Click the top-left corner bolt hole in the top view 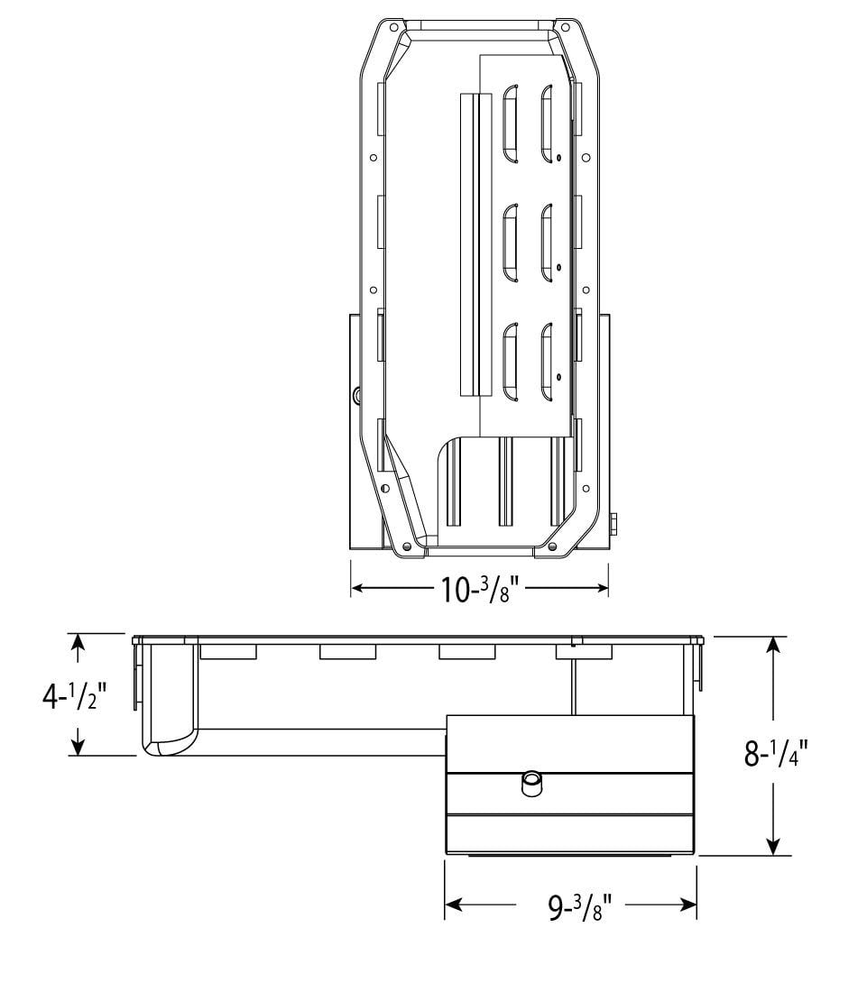pyautogui.click(x=393, y=28)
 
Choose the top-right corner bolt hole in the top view pyautogui.click(x=565, y=28)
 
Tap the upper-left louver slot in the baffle pyautogui.click(x=510, y=124)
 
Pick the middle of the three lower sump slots pyautogui.click(x=505, y=482)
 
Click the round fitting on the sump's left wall pyautogui.click(x=357, y=394)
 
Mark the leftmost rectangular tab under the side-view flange pyautogui.click(x=228, y=651)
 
